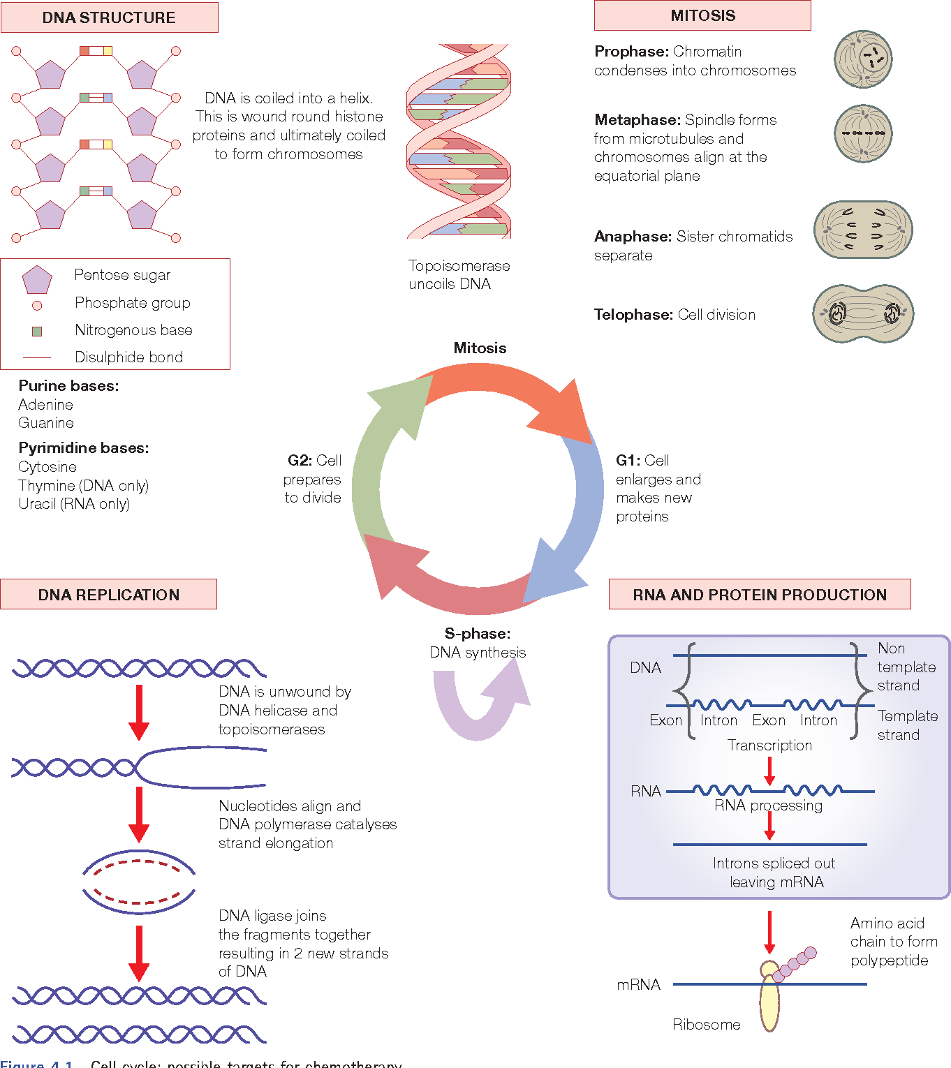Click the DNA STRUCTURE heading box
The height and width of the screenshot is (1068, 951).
[x=109, y=17]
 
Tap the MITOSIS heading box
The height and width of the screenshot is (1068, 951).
[x=702, y=15]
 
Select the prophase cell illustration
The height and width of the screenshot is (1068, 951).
[x=863, y=59]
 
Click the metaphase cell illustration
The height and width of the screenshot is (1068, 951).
[x=863, y=133]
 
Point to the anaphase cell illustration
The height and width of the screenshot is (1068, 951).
[x=863, y=230]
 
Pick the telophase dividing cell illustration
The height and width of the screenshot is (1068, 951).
[x=863, y=313]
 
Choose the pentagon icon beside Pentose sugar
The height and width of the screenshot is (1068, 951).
[x=37, y=280]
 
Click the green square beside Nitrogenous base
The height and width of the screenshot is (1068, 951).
[x=37, y=331]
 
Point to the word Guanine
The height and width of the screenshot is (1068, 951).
[x=46, y=423]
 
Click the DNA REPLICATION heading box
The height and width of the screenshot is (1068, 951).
[x=109, y=594]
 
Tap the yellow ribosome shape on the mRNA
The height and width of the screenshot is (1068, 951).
[x=769, y=998]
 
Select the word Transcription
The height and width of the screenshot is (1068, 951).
[x=769, y=746]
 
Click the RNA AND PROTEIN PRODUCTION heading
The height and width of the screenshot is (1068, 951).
[x=760, y=594]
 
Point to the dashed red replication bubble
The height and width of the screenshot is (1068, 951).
[x=138, y=882]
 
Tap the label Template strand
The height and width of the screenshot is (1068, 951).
[x=907, y=725]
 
